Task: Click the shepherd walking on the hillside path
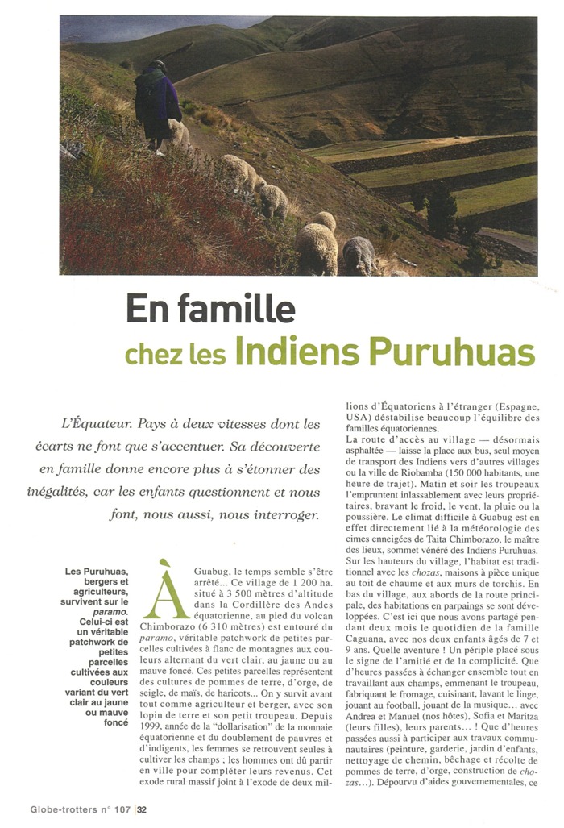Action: click(x=158, y=105)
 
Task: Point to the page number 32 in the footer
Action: click(x=142, y=809)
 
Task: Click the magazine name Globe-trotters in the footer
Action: click(x=65, y=809)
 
